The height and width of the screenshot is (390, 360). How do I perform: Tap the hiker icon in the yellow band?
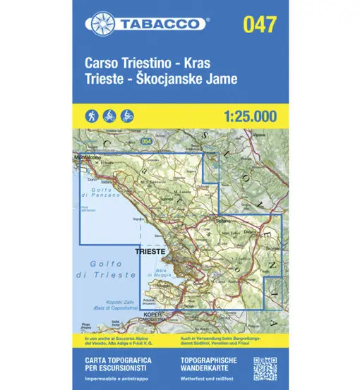click(92, 115)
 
